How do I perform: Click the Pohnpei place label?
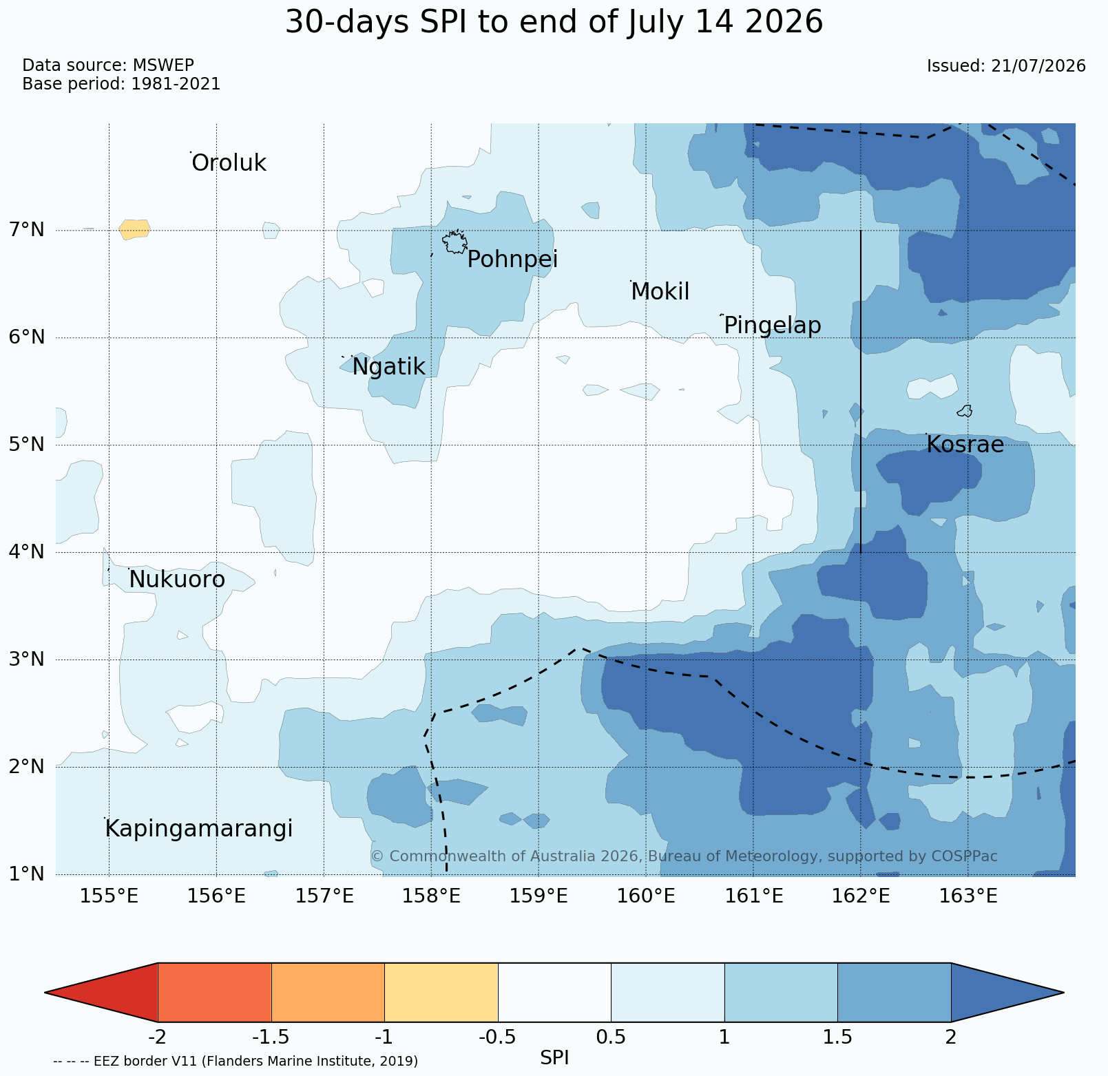click(512, 260)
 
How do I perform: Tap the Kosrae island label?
click(965, 445)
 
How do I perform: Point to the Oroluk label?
click(229, 164)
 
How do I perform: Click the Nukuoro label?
click(177, 580)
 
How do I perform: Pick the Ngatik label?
click(388, 368)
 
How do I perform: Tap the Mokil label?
click(660, 292)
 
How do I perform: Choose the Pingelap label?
click(772, 326)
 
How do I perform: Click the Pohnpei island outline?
click(454, 242)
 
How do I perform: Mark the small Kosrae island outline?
click(965, 411)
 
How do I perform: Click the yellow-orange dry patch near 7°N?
click(134, 229)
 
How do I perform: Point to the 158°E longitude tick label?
click(432, 896)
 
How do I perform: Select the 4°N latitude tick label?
click(27, 552)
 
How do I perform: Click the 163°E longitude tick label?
click(968, 896)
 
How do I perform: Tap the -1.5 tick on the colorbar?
click(271, 1037)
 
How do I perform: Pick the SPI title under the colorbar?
click(554, 1058)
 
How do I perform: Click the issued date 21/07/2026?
click(1038, 66)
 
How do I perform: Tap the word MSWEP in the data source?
click(163, 65)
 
